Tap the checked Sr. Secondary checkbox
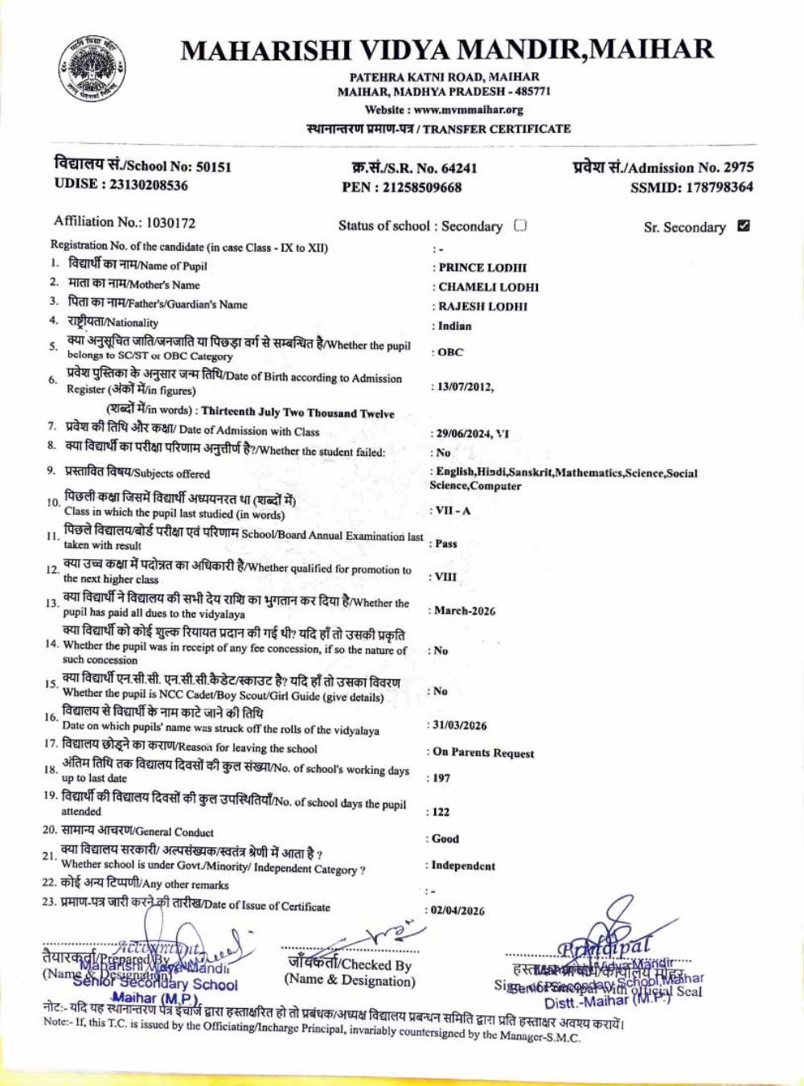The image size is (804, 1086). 744,226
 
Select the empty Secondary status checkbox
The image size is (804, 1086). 520,225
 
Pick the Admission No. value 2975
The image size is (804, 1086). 738,167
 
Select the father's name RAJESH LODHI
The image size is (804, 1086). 482,306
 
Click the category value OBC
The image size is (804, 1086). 450,352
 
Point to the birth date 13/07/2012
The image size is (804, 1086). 464,387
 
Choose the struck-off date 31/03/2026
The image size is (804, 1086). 460,726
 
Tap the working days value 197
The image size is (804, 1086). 441,779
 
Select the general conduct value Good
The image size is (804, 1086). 445,839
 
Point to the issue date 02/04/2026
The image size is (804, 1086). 458,911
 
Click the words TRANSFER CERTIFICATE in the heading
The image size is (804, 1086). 497,129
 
